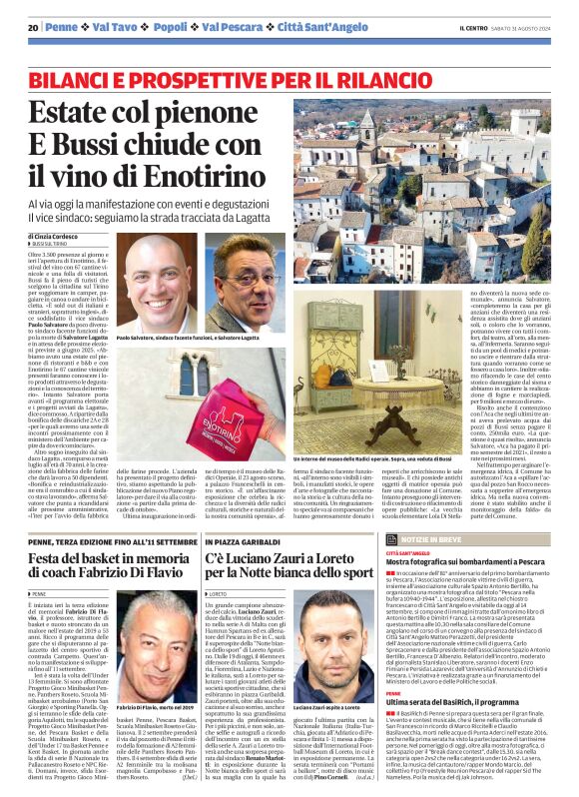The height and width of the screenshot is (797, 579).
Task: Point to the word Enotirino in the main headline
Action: tap(230, 177)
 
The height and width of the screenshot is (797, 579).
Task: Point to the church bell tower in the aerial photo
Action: tap(368, 130)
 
